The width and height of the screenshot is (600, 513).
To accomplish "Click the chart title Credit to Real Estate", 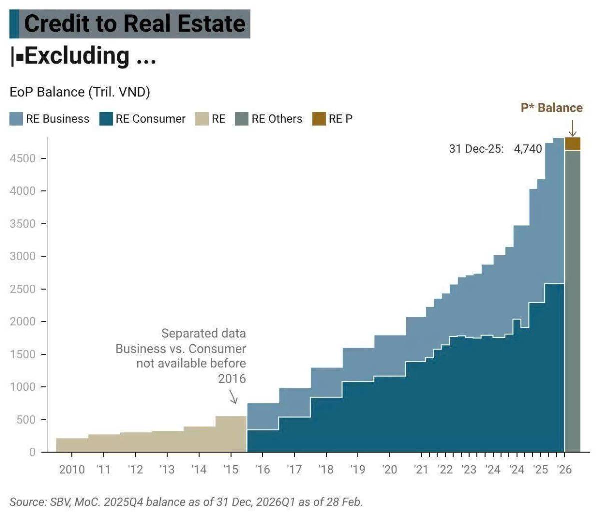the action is [135, 24].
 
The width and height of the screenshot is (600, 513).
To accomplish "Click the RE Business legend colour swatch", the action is [16, 119].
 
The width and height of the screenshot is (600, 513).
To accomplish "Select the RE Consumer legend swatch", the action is [106, 119].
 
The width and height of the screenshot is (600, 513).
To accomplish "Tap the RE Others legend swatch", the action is [242, 119].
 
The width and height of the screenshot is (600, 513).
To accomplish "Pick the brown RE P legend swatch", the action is [319, 119].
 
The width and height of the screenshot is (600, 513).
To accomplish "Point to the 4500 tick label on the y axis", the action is [23, 159].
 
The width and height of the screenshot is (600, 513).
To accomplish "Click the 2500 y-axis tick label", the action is [23, 289].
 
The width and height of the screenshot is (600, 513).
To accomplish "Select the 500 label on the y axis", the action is [26, 420].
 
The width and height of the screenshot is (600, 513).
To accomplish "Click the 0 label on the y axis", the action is [32, 452].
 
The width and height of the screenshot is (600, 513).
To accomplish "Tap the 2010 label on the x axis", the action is [72, 470].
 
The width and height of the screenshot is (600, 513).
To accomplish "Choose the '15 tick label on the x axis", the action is [231, 470].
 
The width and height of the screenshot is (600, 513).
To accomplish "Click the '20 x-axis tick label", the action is [390, 470].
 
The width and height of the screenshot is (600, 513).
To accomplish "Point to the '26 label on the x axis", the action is [564, 470].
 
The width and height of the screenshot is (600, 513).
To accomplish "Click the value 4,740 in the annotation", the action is [528, 149].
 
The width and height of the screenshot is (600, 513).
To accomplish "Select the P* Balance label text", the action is [552, 108].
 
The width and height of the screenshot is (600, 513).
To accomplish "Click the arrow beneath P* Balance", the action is [572, 128].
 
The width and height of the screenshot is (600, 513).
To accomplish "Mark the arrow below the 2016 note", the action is [233, 397].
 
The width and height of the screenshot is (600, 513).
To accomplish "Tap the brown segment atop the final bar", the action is [572, 144].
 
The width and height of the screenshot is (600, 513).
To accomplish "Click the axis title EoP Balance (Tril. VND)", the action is [80, 92].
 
